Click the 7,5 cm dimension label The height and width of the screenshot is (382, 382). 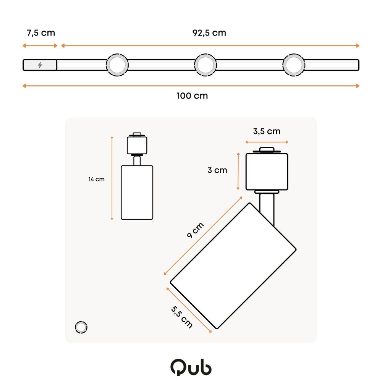[x=40, y=33]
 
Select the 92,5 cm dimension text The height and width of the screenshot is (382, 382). [x=209, y=33]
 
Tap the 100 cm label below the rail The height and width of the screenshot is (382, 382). [x=192, y=96]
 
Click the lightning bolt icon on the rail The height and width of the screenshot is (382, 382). [x=40, y=65]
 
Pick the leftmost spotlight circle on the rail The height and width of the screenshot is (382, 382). [x=117, y=65]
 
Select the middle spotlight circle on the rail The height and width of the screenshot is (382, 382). [x=206, y=65]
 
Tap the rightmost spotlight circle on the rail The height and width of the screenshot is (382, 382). [x=294, y=65]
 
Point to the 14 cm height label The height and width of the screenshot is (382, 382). [x=96, y=179]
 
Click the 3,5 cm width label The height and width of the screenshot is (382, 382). [x=267, y=131]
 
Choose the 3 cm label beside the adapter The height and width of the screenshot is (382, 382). [x=217, y=170]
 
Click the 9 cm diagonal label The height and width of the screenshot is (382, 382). [x=195, y=230]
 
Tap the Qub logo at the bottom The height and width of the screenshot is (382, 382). [x=191, y=367]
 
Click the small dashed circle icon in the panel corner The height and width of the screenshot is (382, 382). [x=81, y=327]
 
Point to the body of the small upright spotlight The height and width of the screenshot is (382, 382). [x=137, y=193]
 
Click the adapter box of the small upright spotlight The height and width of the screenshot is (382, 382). [x=137, y=145]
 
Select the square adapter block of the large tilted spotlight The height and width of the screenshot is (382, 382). [x=267, y=172]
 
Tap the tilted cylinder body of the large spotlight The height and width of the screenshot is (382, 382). [x=233, y=265]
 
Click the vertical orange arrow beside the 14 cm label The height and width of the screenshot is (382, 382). [x=112, y=178]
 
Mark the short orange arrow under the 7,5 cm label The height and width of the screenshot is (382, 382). [x=40, y=46]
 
